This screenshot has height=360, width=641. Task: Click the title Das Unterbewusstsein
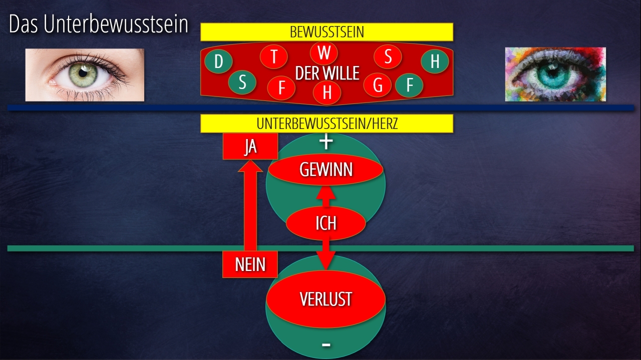click(x=99, y=24)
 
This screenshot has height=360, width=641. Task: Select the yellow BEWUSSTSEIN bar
click(x=327, y=32)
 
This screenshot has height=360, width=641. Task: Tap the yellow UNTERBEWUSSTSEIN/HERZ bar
click(x=327, y=123)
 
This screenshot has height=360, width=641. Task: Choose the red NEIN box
click(x=250, y=264)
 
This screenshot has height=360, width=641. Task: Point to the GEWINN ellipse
click(x=326, y=170)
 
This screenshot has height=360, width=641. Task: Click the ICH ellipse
click(x=326, y=223)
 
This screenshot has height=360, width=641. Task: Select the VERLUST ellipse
click(x=326, y=299)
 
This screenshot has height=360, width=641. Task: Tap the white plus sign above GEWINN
click(x=326, y=142)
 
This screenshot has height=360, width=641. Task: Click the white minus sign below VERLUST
click(x=326, y=344)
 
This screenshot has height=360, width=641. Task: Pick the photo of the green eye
click(x=85, y=75)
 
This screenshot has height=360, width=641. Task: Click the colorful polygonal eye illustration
click(x=555, y=74)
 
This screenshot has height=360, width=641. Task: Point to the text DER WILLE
click(x=328, y=73)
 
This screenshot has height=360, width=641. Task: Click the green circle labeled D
click(x=218, y=62)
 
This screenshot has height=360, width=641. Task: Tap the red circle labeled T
click(x=273, y=57)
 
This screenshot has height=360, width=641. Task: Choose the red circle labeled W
click(x=324, y=52)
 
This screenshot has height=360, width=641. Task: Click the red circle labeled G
click(x=378, y=85)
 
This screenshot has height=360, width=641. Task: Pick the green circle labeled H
click(x=434, y=61)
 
